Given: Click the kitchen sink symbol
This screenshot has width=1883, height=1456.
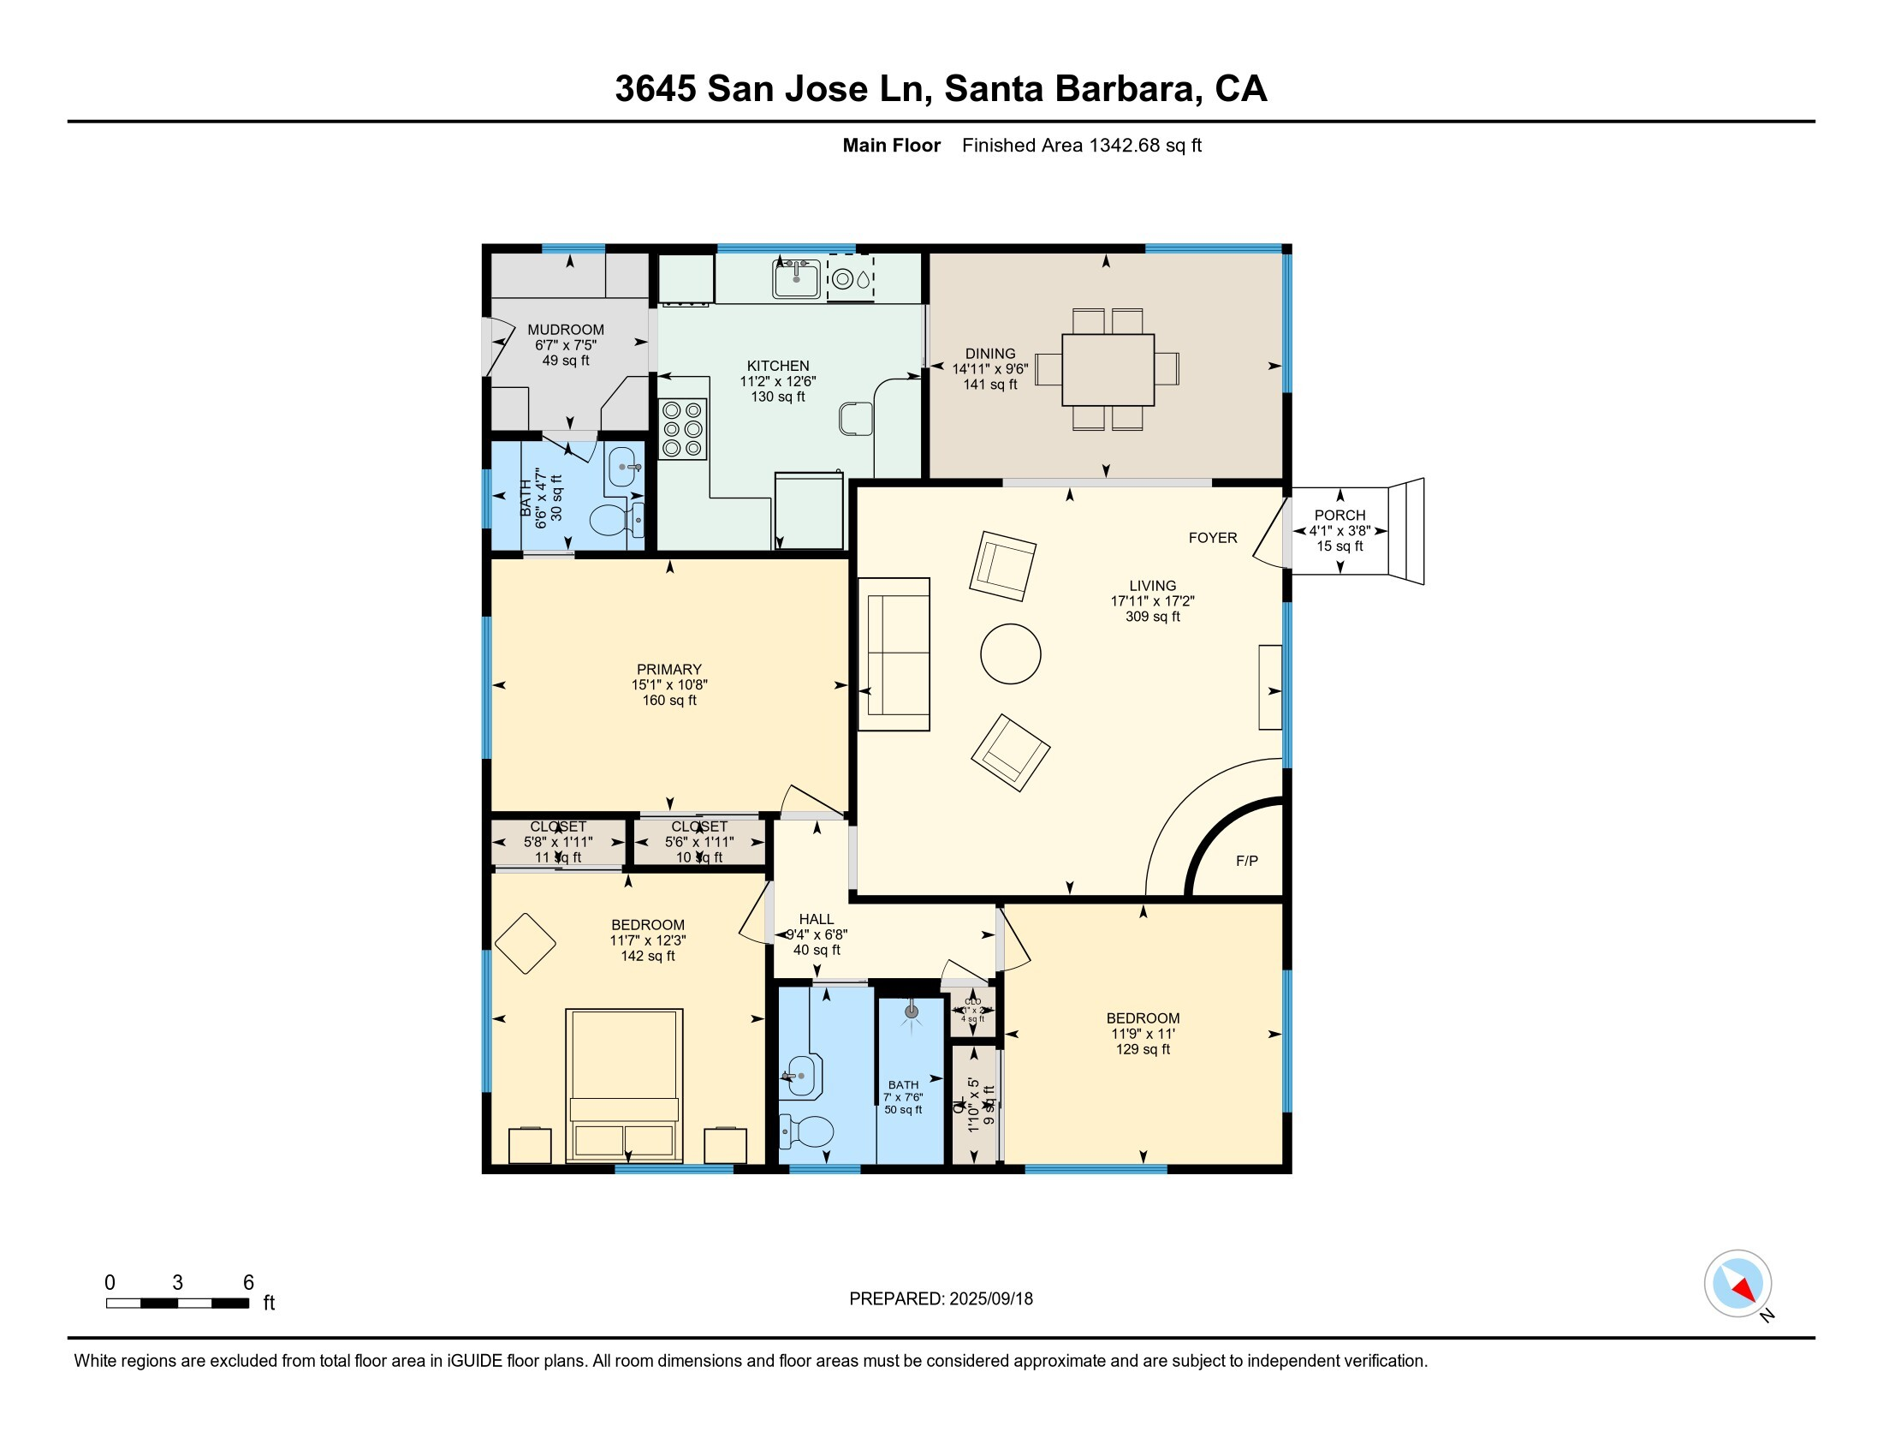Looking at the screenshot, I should click(796, 279).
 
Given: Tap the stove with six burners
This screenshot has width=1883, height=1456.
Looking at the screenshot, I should click(683, 429).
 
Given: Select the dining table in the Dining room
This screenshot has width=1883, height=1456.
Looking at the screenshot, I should click(1108, 369).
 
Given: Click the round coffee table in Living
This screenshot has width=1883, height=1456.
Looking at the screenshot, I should click(1011, 653).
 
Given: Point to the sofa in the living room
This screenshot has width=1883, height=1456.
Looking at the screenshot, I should click(894, 653).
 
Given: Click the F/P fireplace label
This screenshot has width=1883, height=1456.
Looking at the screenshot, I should click(1247, 860).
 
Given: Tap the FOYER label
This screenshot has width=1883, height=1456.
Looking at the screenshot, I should click(1212, 537).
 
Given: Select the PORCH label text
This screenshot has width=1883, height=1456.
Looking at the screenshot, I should click(1339, 515).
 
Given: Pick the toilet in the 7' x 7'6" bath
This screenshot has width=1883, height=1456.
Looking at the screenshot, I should click(807, 1131).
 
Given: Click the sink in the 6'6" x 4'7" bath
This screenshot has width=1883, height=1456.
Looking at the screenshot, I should click(624, 468).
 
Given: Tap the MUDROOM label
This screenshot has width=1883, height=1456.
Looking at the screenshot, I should click(566, 330).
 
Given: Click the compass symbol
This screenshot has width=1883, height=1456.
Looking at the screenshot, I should click(1737, 1283).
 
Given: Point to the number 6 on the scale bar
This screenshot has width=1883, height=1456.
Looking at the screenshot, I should click(248, 1283).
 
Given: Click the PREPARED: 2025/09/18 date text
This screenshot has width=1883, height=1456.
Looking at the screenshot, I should click(941, 1298).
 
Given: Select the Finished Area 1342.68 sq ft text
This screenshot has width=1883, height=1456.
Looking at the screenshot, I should click(1081, 145).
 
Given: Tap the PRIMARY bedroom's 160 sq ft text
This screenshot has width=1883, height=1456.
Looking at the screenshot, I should click(669, 701).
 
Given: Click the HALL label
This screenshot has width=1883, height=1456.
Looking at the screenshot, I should click(816, 919).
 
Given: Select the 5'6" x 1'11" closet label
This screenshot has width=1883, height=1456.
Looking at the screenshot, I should click(699, 842).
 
